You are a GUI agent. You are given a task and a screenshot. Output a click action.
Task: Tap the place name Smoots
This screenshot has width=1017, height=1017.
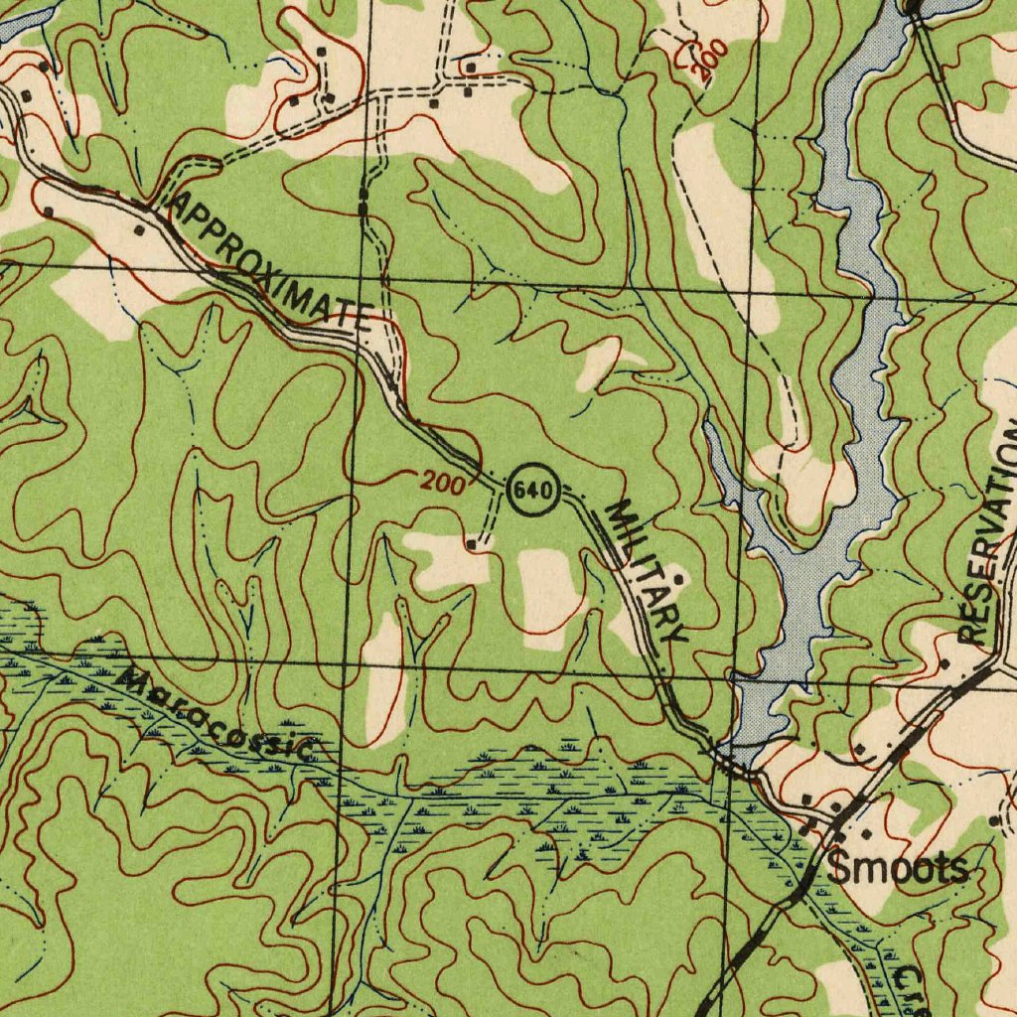tap(897, 868)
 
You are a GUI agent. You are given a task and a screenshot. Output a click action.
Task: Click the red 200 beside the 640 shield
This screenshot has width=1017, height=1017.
tap(441, 484)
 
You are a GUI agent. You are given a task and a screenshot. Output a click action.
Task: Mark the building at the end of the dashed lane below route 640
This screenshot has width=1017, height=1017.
tap(472, 544)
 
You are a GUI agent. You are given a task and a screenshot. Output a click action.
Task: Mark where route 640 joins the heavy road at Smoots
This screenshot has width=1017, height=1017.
tap(830, 822)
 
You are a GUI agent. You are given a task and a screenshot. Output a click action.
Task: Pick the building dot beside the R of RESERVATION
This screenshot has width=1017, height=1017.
tap(944, 662)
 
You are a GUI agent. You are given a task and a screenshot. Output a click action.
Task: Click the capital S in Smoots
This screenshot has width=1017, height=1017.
tap(839, 868)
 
